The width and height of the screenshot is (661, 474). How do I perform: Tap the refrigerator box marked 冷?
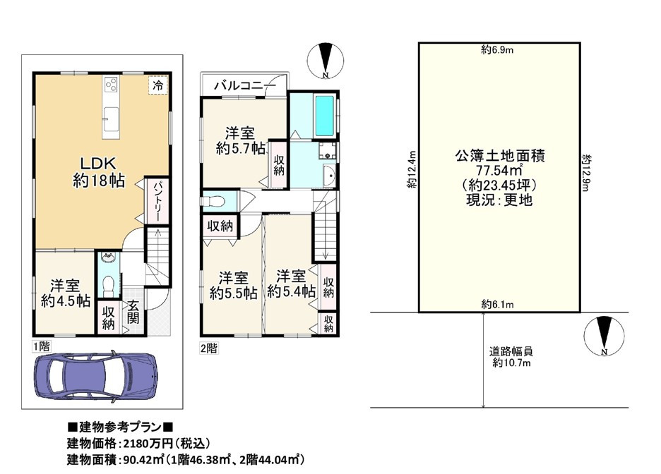(x=158, y=85)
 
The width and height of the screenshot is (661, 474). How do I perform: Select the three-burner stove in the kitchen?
(x=112, y=85)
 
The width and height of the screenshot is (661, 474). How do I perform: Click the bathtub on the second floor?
(x=324, y=116)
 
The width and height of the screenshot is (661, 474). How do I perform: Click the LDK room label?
(x=98, y=164)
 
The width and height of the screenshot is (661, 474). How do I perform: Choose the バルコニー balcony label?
(x=244, y=86)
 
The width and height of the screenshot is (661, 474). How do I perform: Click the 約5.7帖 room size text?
(x=240, y=148)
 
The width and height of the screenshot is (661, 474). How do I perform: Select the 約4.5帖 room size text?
(x=66, y=301)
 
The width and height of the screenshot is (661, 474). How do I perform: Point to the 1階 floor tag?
(x=42, y=346)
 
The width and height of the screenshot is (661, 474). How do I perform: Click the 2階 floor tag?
(x=208, y=348)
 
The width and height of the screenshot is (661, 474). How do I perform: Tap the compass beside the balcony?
(x=325, y=61)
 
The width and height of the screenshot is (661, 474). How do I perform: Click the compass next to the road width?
(x=604, y=336)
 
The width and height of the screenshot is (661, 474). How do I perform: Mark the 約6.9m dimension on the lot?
(x=497, y=51)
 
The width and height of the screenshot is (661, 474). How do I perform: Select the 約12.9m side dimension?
(x=586, y=173)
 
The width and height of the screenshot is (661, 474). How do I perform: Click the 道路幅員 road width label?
(x=511, y=351)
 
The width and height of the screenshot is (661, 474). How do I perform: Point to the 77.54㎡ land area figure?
(x=500, y=171)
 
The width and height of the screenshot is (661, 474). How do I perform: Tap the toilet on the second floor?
(x=214, y=201)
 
